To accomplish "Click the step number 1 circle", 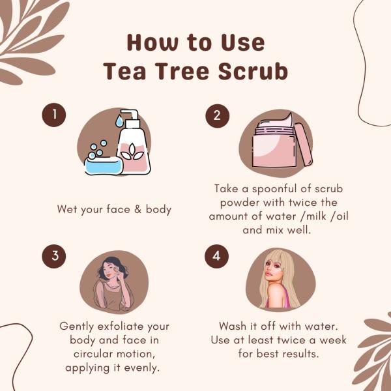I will point(55,115).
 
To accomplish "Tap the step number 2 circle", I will point(216,115).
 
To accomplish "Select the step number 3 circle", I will point(55,256).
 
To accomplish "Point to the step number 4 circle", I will point(216,256).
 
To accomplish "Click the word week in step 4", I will point(331,340).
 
